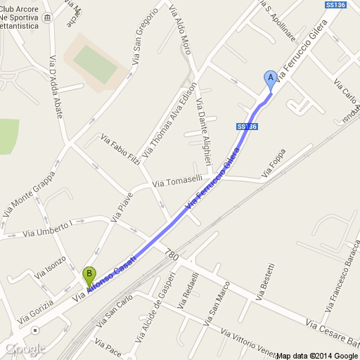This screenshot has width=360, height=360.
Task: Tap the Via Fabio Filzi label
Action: [122, 150]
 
